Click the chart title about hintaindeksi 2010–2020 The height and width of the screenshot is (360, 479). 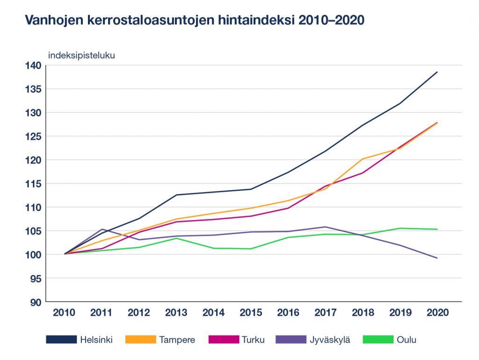coord(195,21)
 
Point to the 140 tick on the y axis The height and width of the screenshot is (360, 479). coord(34,65)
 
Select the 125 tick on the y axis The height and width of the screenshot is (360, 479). coord(34,136)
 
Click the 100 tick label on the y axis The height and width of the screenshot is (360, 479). coord(34,255)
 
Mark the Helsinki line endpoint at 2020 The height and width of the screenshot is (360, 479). coord(437,72)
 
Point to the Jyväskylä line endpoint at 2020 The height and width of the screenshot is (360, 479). coord(437,258)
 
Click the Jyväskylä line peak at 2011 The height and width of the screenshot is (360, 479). coord(102,229)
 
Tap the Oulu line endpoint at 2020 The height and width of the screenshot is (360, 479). coord(437,229)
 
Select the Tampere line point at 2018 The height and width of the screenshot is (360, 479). coord(363,159)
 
